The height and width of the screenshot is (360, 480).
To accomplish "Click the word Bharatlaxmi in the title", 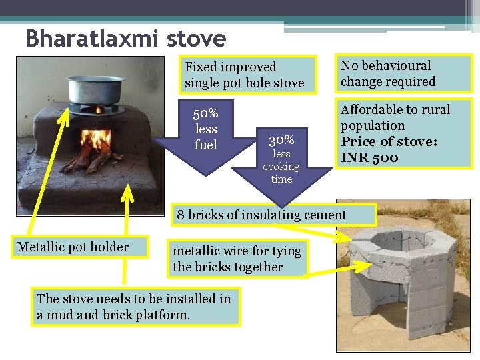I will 92,38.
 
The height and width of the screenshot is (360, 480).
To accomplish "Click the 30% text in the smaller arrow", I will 281,140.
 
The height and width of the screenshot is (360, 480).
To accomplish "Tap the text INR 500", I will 369,158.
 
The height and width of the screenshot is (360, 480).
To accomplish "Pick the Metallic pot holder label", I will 73,247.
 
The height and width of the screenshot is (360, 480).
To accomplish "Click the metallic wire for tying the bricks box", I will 237,259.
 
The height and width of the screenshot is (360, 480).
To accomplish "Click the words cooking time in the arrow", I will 281,173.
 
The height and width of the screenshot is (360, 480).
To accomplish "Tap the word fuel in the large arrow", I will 205,144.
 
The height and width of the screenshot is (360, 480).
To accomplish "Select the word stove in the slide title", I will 198,38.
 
